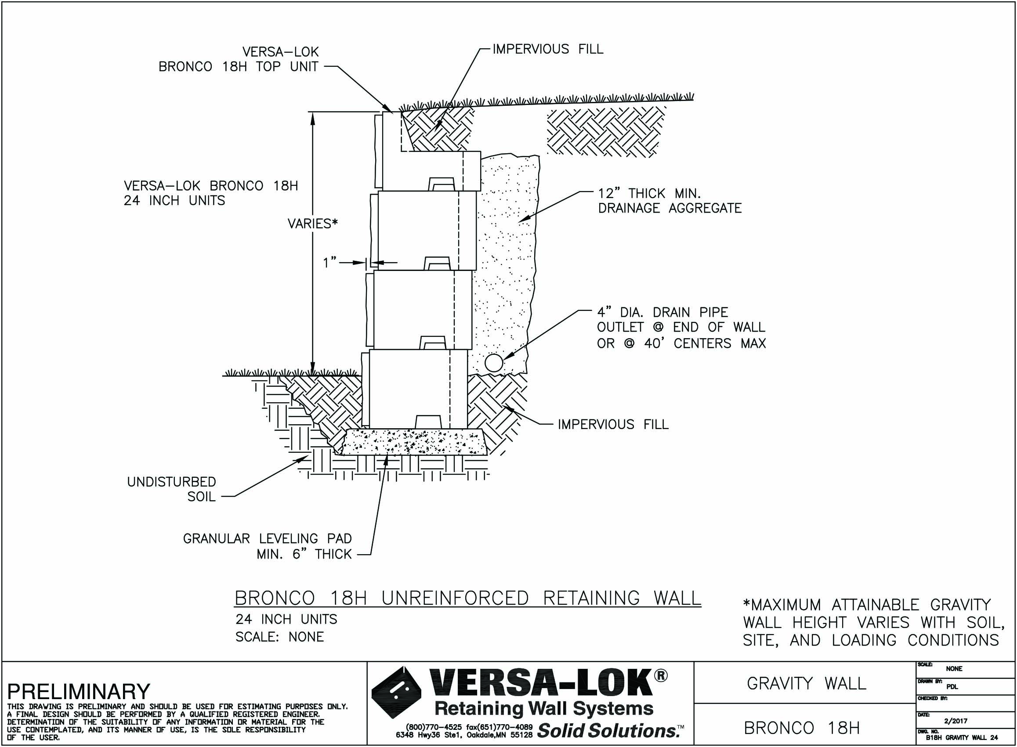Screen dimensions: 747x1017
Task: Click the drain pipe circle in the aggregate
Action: coord(494,363)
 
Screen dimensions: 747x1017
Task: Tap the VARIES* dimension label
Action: coord(313,224)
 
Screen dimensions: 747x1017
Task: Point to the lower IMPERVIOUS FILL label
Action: coord(612,425)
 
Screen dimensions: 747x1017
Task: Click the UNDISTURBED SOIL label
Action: coord(171,489)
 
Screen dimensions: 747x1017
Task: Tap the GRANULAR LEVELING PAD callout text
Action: coord(267,546)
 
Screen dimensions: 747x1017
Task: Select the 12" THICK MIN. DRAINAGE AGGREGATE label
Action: coord(670,201)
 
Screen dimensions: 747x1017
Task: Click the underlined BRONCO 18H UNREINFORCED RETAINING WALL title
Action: coord(468,598)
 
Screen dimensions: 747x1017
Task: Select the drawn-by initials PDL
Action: coord(952,687)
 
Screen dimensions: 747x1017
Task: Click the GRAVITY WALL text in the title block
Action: coord(806,684)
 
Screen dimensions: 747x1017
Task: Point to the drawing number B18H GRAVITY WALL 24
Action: coord(961,737)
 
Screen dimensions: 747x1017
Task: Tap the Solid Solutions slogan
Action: coord(609,731)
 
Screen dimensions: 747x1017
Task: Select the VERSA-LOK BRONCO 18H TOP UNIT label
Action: coord(239,59)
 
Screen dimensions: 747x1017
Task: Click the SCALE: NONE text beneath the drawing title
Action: coord(279,637)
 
